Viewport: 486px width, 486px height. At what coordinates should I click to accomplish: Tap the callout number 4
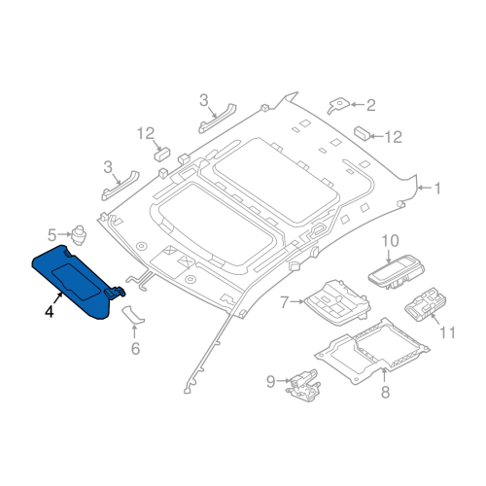coord(48,312)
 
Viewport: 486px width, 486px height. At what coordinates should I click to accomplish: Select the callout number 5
coord(51,233)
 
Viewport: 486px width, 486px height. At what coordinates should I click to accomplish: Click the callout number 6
coord(135,347)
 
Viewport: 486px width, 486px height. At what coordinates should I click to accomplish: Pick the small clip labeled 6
coord(134,314)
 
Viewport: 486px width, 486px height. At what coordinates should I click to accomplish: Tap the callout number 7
coord(284,303)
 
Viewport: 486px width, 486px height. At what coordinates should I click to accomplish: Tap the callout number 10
coord(390,240)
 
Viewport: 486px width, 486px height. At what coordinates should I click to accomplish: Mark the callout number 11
coord(447,332)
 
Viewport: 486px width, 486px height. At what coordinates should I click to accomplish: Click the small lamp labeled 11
coord(424,309)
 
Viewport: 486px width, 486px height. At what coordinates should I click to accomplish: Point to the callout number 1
coord(436,187)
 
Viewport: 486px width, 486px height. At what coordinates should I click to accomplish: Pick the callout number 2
coord(369,104)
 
